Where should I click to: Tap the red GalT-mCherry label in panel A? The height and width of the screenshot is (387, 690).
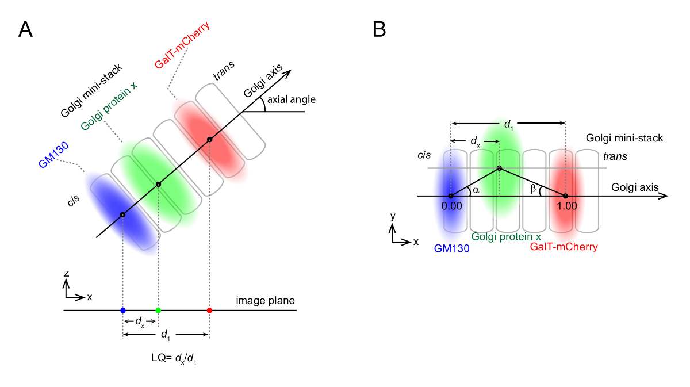pos(182,44)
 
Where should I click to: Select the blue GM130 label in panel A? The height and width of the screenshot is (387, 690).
pos(54,155)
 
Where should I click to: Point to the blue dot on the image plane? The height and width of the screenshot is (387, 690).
pos(122,311)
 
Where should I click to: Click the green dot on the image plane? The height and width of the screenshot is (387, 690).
pos(158,311)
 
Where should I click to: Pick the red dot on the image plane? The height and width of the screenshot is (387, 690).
pos(209,311)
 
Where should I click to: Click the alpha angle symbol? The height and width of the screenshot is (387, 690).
pos(475,190)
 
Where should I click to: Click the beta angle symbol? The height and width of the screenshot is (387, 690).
pos(534,189)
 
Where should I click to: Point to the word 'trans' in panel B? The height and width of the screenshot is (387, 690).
pos(615,156)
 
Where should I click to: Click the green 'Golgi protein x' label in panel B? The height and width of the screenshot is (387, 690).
pos(506,236)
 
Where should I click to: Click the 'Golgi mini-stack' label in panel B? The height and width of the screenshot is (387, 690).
pos(624,138)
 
